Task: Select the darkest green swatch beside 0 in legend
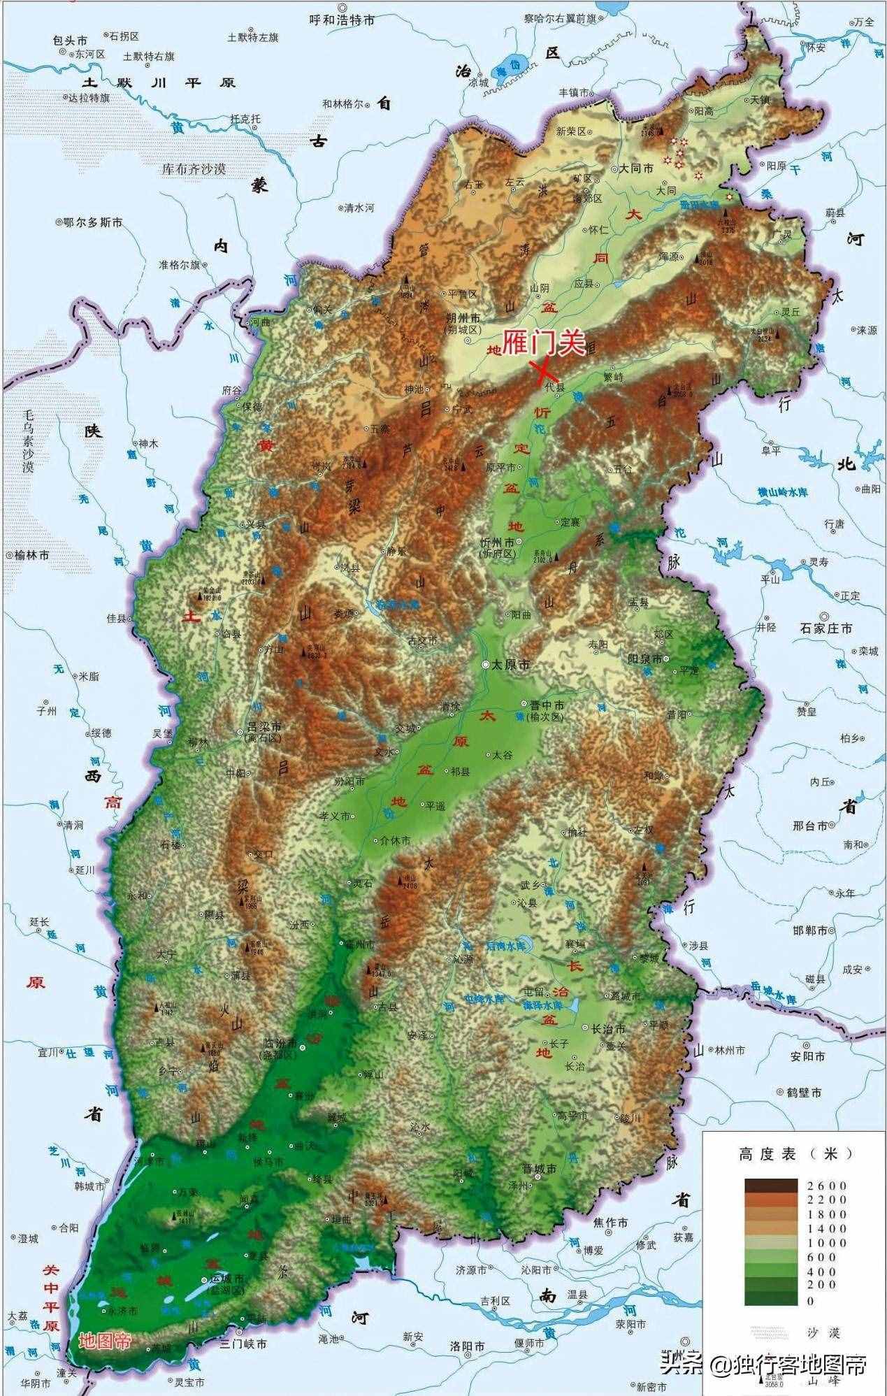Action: [770, 1298]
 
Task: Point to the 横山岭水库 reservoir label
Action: [782, 493]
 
